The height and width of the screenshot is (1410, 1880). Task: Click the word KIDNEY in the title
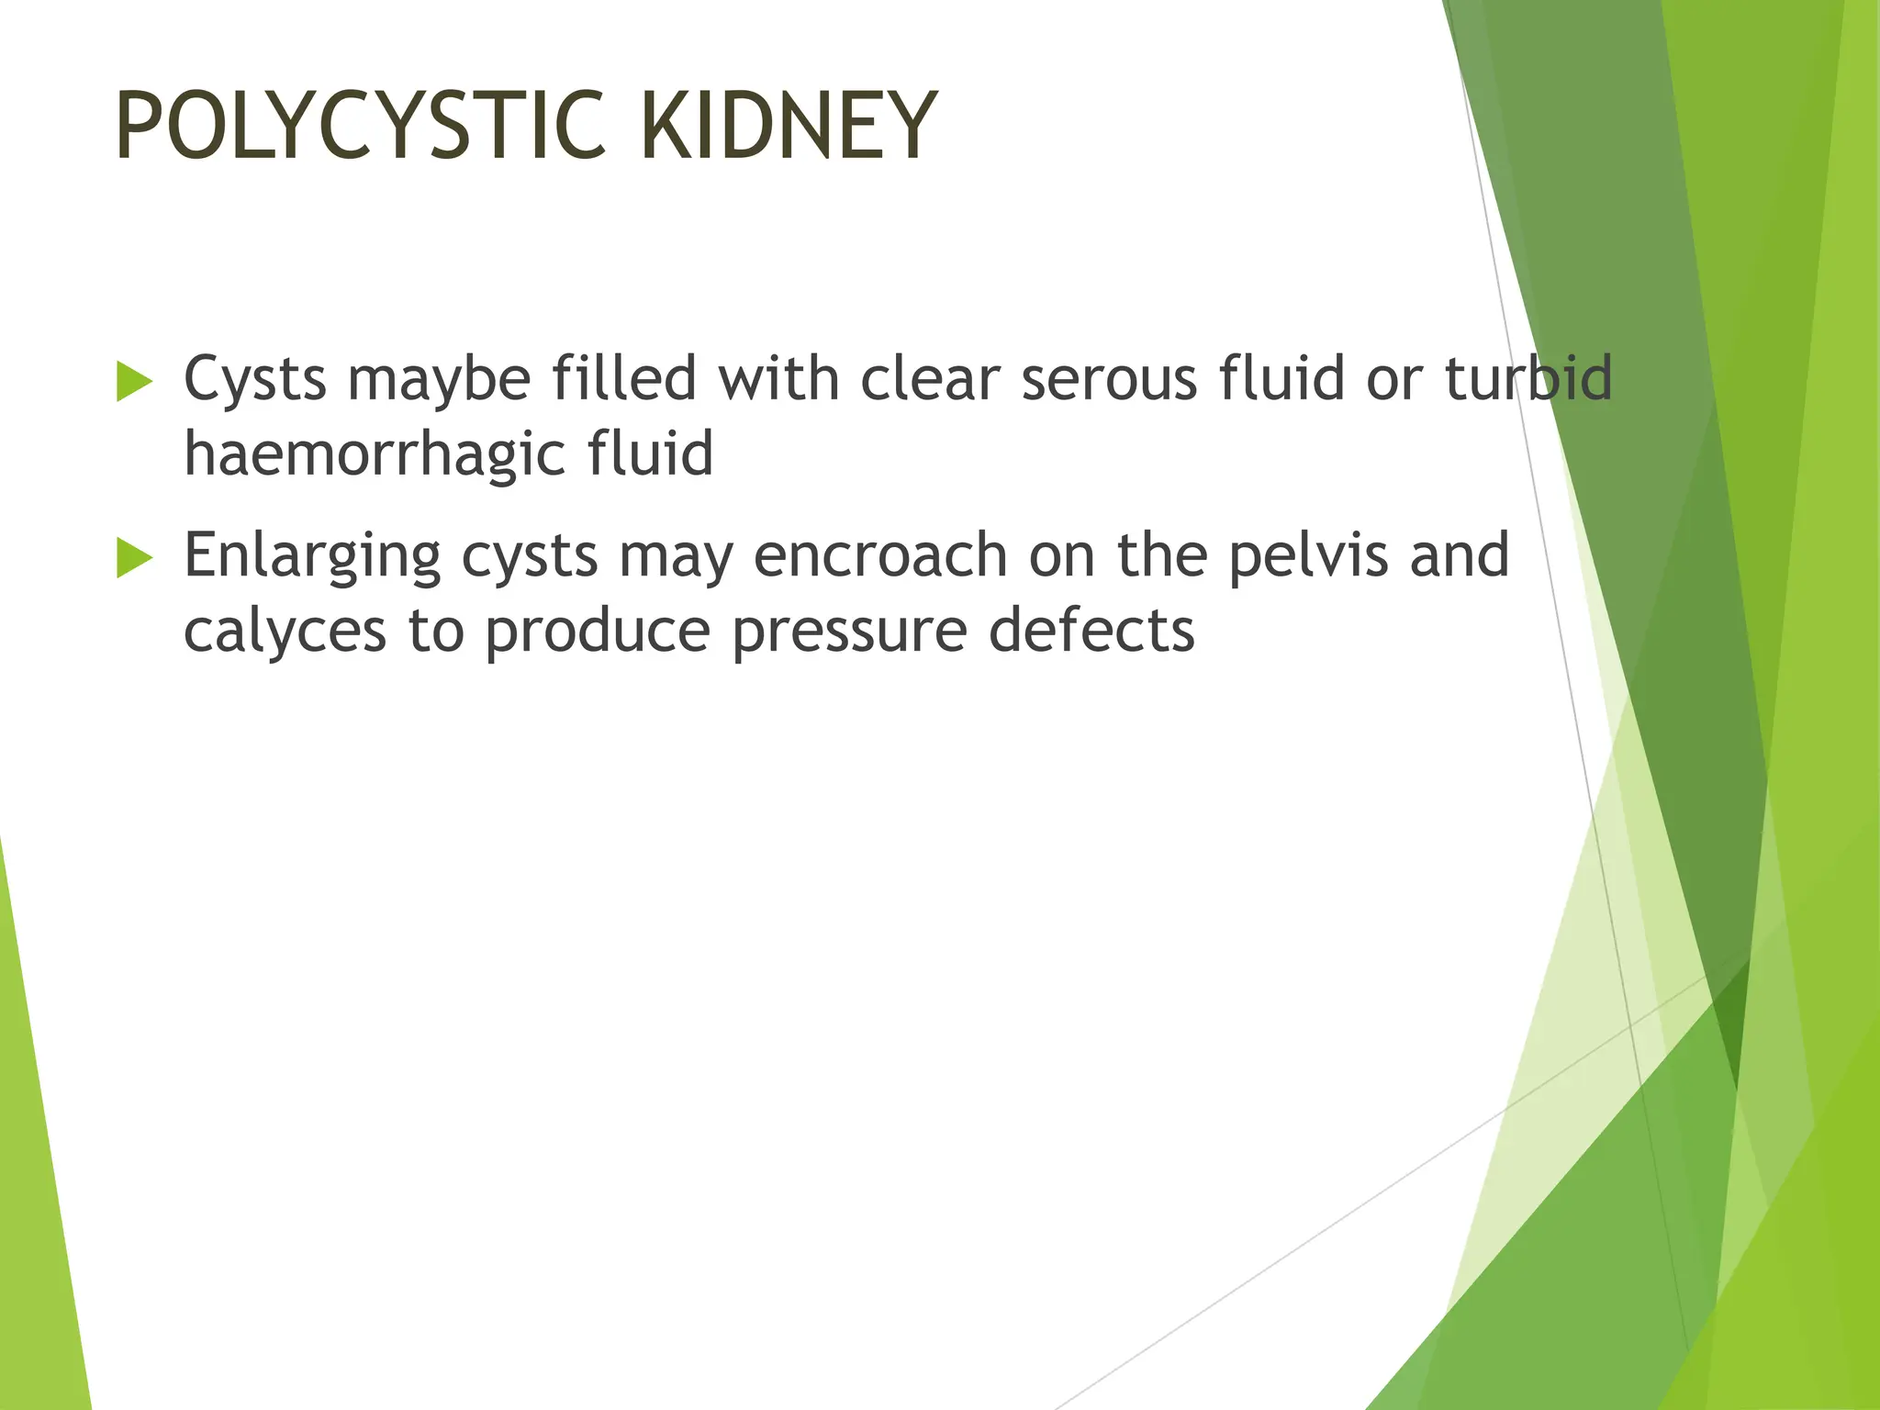[788, 126]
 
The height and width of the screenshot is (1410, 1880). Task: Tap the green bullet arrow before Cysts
[134, 381]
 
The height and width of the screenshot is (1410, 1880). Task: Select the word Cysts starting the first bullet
[255, 378]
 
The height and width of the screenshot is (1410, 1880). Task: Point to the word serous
[1109, 378]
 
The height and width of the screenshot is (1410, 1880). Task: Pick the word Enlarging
[312, 555]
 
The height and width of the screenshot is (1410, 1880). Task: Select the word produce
[598, 632]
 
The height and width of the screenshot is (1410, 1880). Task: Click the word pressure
[849, 632]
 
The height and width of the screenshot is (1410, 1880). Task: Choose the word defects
[1091, 632]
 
